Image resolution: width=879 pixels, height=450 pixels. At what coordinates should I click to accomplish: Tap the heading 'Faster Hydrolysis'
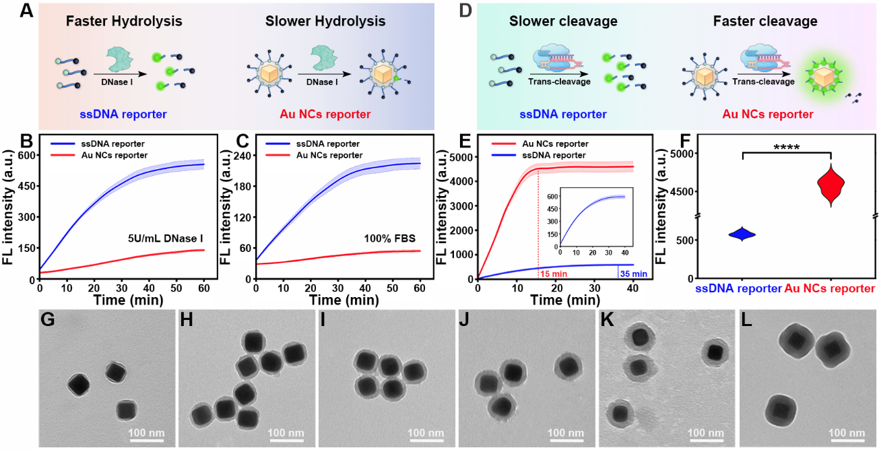[x=124, y=22]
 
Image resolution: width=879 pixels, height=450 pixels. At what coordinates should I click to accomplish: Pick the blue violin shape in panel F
[x=742, y=234]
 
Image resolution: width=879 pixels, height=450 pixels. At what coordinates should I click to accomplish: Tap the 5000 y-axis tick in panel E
[x=458, y=158]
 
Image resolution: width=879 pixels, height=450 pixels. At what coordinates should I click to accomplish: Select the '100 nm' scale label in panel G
[x=145, y=432]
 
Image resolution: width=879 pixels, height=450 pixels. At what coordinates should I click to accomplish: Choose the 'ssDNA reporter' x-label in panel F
[x=738, y=288]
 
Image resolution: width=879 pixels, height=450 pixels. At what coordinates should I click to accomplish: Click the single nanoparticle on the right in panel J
[x=568, y=365]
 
